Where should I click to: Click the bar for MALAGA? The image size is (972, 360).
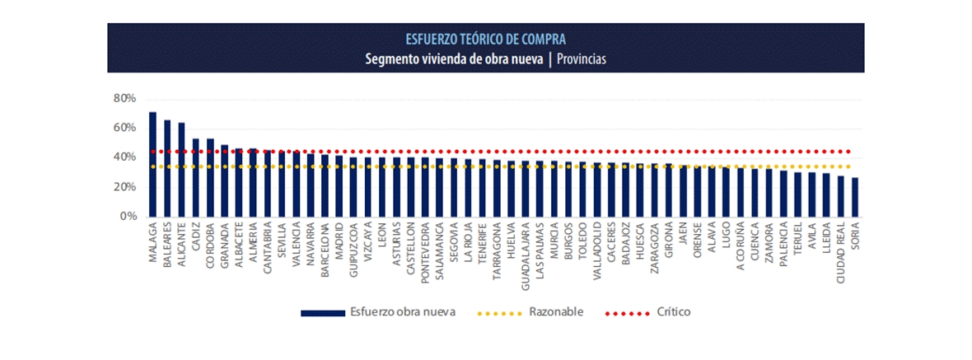pyautogui.click(x=152, y=165)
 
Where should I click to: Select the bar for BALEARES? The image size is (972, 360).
pyautogui.click(x=167, y=169)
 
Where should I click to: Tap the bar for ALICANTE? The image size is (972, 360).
pyautogui.click(x=181, y=170)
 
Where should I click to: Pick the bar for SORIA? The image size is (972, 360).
pyautogui.click(x=855, y=198)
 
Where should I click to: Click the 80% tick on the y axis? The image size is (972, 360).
pyautogui.click(x=124, y=99)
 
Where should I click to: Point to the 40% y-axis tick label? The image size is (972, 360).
pyautogui.click(x=124, y=157)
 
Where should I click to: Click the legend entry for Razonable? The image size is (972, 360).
pyautogui.click(x=556, y=312)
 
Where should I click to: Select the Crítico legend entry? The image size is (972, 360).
pyautogui.click(x=673, y=312)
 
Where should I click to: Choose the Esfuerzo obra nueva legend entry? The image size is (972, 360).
pyautogui.click(x=402, y=312)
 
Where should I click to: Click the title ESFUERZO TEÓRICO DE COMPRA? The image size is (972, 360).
pyautogui.click(x=485, y=39)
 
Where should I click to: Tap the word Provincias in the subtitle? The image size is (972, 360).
pyautogui.click(x=582, y=58)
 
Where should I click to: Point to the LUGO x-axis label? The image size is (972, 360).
pyautogui.click(x=726, y=238)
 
